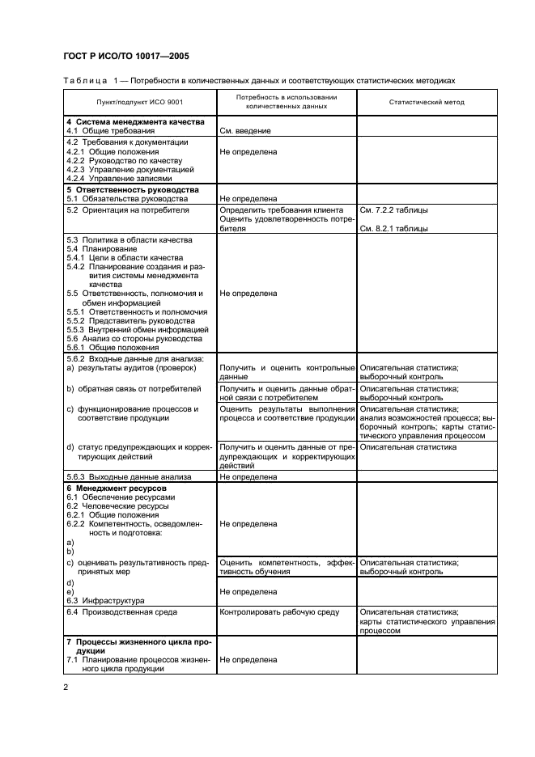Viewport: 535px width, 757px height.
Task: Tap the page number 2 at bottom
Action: [66, 687]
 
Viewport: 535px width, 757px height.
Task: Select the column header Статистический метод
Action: [427, 103]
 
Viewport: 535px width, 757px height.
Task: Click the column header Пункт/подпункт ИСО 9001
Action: [138, 103]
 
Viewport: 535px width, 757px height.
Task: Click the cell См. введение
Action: [245, 130]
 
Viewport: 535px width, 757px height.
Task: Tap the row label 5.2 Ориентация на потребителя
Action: [127, 209]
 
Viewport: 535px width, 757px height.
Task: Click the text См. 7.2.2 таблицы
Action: [393, 209]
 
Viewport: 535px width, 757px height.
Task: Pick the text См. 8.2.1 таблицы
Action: [393, 228]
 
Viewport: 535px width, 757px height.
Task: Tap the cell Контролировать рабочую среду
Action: [279, 612]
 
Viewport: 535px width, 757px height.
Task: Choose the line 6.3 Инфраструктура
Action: [105, 600]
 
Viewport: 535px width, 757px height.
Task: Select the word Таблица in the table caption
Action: [84, 81]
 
